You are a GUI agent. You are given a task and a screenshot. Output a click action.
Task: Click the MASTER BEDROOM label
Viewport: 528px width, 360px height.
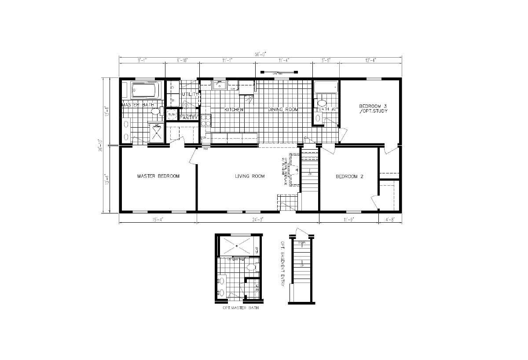(158, 176)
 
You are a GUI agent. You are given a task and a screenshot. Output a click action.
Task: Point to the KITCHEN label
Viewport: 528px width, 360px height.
(234, 110)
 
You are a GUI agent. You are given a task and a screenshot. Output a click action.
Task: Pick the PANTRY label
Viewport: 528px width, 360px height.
(189, 118)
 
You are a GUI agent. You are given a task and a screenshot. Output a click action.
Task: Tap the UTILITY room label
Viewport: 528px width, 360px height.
(191, 94)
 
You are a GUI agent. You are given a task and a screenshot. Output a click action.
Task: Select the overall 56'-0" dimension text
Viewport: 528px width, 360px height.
(260, 55)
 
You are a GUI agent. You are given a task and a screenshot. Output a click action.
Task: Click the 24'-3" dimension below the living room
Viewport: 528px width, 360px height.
(257, 219)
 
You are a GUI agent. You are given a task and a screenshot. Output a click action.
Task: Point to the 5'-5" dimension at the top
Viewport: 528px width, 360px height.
(326, 60)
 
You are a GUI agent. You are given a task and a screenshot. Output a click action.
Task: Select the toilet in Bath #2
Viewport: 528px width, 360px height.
(321, 104)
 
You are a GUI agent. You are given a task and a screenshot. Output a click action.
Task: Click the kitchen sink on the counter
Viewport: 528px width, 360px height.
(219, 84)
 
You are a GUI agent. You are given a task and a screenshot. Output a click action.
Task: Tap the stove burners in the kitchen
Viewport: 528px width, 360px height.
(205, 120)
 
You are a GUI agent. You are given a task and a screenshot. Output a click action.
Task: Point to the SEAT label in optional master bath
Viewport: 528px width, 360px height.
(257, 250)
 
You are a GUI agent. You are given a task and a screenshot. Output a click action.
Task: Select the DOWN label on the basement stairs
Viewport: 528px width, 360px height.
(302, 243)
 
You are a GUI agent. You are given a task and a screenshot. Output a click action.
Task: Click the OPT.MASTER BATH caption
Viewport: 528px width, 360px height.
(241, 309)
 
